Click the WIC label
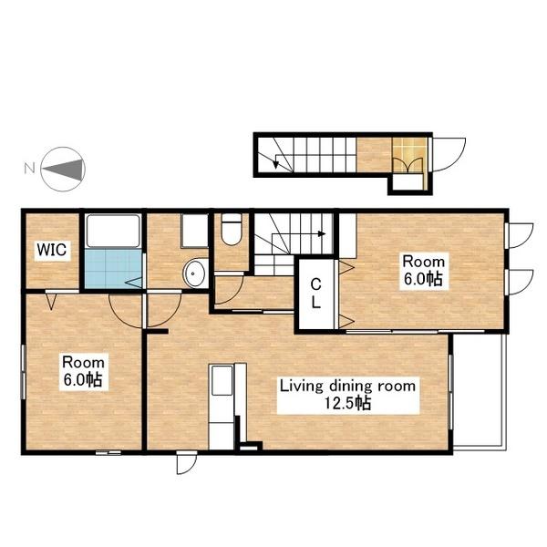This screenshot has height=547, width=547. pos(52,250)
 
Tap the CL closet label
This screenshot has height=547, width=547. pos(315,294)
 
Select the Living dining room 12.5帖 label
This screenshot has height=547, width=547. pos(348,395)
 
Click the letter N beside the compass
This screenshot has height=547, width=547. pos(29,169)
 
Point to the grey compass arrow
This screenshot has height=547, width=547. pos(64,169)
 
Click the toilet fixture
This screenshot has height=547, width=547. pos(232,229)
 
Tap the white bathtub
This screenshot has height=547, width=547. pos(113,231)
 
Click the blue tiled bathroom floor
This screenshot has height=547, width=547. pos(113,269)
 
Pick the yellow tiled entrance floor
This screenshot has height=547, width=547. pos(410,155)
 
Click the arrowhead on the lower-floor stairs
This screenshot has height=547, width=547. pos(276,163)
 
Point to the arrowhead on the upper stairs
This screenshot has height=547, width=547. pos(322,233)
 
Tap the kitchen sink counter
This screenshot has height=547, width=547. pos(222,407)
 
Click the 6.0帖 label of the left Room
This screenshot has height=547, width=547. pos(83,380)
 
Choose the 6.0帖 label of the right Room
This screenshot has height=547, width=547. pos(423,279)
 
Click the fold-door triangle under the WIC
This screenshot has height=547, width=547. pos(51,302)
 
